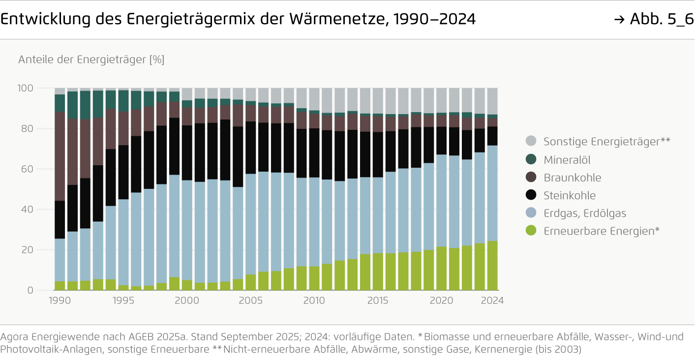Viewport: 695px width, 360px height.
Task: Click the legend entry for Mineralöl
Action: (567, 160)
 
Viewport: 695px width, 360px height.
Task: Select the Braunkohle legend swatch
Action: (531, 178)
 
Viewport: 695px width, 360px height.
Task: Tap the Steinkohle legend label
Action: (569, 195)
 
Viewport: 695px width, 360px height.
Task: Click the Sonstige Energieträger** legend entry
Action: (606, 142)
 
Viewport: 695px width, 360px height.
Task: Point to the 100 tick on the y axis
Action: (26, 89)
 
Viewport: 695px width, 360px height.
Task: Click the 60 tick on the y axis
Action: (28, 169)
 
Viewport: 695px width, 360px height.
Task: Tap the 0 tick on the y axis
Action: (30, 290)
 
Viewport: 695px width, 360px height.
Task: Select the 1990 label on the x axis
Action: (60, 301)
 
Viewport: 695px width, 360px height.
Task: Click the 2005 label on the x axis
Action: (251, 301)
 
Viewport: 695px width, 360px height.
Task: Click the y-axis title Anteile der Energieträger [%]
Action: (91, 60)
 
